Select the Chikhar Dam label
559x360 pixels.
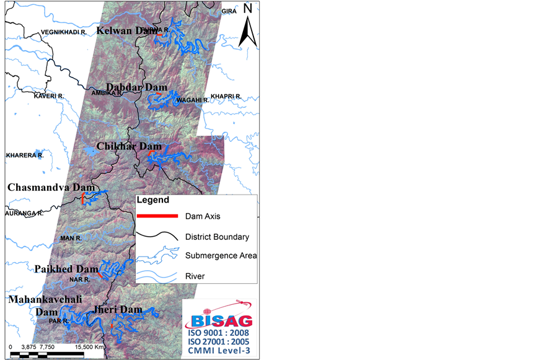(x=128, y=146)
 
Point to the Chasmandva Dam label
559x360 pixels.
(x=51, y=187)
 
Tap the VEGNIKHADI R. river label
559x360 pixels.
(x=63, y=32)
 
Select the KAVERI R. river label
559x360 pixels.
(x=49, y=96)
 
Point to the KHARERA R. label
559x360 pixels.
(x=25, y=155)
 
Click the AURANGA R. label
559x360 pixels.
(x=24, y=213)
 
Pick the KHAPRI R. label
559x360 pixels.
(x=226, y=96)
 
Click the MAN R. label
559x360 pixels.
(x=71, y=238)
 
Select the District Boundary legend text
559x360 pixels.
(x=217, y=237)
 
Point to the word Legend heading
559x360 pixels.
(x=152, y=201)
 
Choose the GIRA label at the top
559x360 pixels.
(x=229, y=11)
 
